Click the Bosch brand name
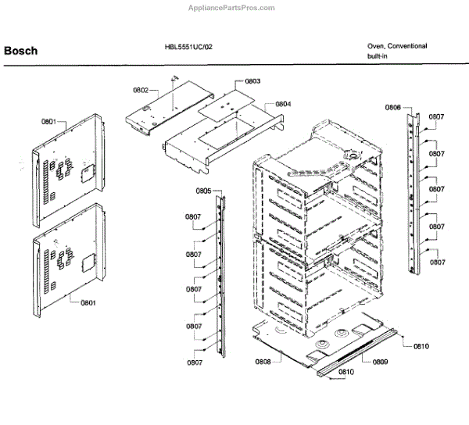pyautogui.click(x=20, y=52)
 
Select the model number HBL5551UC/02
pyautogui.click(x=183, y=47)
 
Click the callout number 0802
pyautogui.click(x=140, y=91)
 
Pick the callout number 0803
pyautogui.click(x=252, y=81)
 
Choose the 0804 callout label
pyautogui.click(x=282, y=104)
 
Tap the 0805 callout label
pyautogui.click(x=203, y=191)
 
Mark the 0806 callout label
pyautogui.click(x=393, y=107)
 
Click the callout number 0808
pyautogui.click(x=262, y=361)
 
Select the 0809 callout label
pyautogui.click(x=380, y=361)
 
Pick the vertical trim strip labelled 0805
pyautogui.click(x=220, y=273)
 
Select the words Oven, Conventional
pyautogui.click(x=397, y=46)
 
